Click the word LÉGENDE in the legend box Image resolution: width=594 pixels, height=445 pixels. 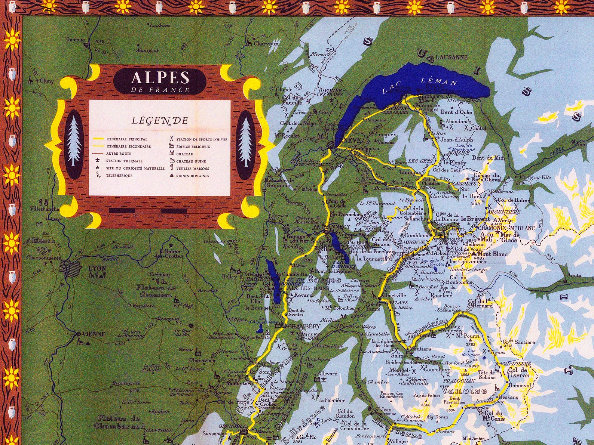pos(160,120)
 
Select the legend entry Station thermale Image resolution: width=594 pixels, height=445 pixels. pos(124,161)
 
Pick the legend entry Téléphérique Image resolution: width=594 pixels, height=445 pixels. pos(119,176)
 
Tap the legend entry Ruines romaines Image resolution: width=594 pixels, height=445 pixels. pos(192,176)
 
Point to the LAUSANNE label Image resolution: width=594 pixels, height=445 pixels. pos(451,57)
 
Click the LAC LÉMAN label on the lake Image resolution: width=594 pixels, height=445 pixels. pos(419,85)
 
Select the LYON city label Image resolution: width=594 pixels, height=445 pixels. pos(97,268)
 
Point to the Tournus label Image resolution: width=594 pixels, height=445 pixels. pos(75,39)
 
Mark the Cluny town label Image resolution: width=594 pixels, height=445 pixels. pos(47,81)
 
